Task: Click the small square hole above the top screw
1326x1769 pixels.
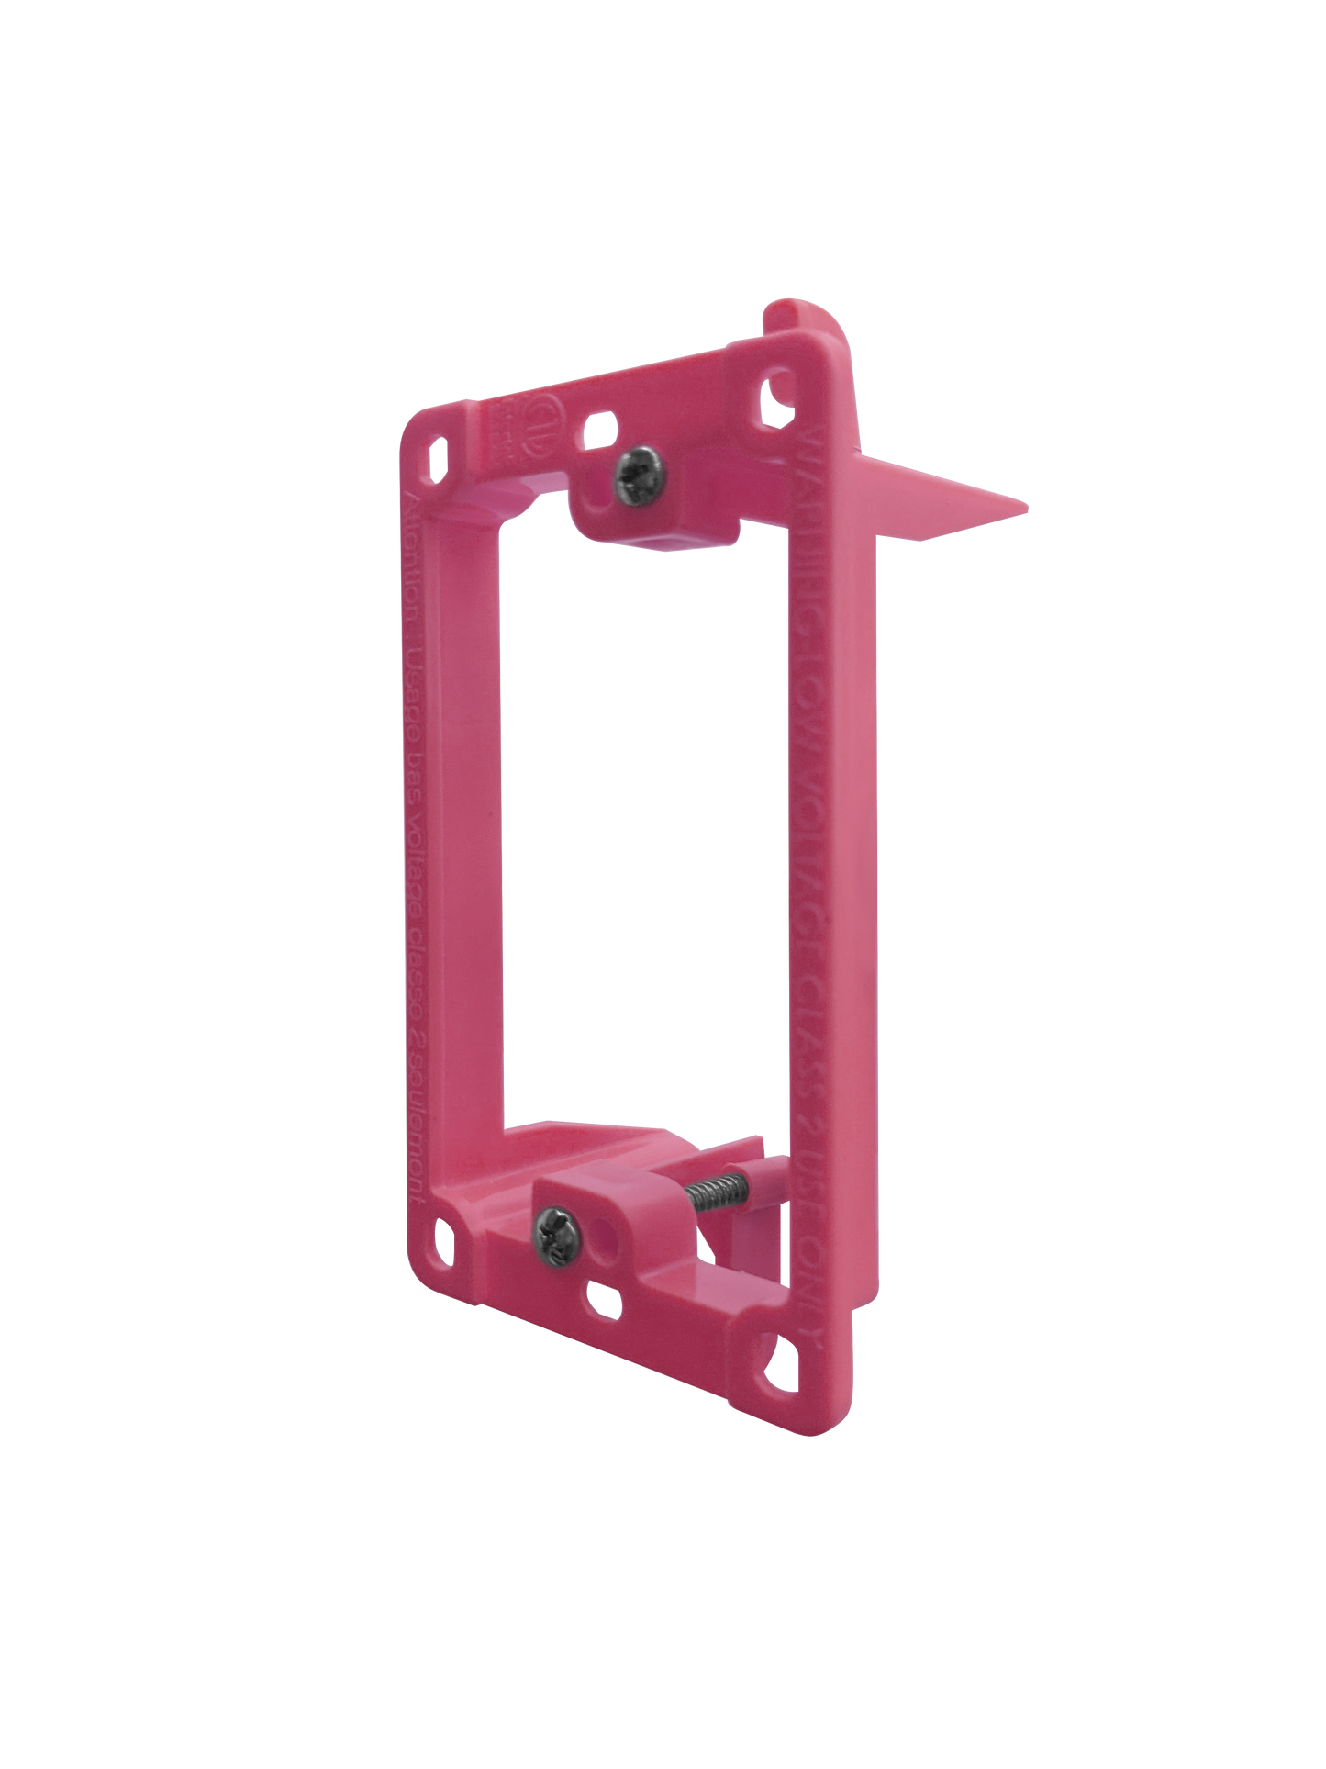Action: (x=601, y=425)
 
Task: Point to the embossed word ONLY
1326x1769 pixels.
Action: (x=826, y=1285)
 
